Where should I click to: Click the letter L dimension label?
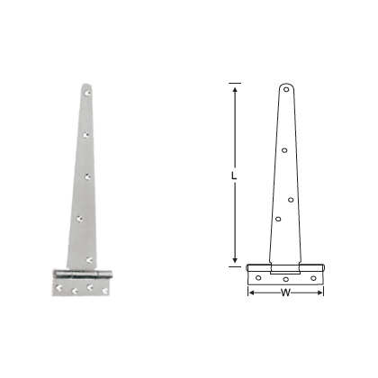point(232,175)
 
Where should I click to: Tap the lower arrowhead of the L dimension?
point(235,265)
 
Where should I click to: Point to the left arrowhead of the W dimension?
point(250,291)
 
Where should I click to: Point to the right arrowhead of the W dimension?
point(321,291)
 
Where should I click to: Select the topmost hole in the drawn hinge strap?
point(286,90)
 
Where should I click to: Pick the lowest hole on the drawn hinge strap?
point(279,219)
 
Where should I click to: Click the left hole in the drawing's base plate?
point(258,278)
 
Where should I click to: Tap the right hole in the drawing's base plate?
point(314,278)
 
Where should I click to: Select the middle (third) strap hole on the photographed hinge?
point(88,175)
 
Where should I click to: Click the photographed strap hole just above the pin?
point(88,255)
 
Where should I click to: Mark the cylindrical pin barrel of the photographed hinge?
point(83,273)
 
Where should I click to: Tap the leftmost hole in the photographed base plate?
point(59,287)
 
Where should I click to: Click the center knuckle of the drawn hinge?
point(286,268)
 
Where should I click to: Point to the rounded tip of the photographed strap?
point(83,85)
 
